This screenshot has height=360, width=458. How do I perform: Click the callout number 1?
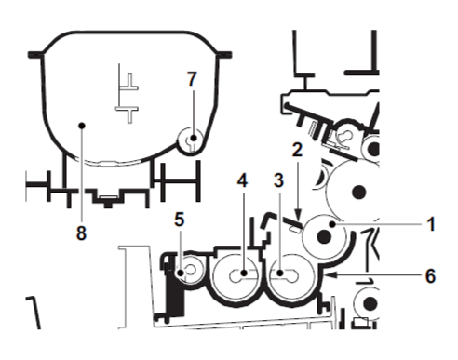click(431, 224)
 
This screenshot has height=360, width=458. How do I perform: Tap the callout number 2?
click(297, 150)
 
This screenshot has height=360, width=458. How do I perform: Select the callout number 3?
click(278, 180)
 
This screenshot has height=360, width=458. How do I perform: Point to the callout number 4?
click(242, 180)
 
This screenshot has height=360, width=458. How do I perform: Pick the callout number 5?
click(180, 220)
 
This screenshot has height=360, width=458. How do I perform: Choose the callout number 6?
click(430, 275)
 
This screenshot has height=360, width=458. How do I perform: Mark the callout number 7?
click(192, 78)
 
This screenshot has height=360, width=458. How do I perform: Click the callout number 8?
click(81, 233)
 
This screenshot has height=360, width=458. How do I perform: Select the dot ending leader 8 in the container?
click(82, 126)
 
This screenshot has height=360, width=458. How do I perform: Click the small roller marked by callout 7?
click(190, 140)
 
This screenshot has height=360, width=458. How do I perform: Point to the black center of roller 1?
click(324, 237)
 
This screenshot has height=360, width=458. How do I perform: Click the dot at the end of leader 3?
click(280, 273)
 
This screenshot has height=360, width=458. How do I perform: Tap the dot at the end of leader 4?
click(244, 273)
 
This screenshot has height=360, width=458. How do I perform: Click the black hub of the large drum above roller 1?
click(359, 191)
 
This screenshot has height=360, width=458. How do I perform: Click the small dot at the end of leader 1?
click(333, 224)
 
